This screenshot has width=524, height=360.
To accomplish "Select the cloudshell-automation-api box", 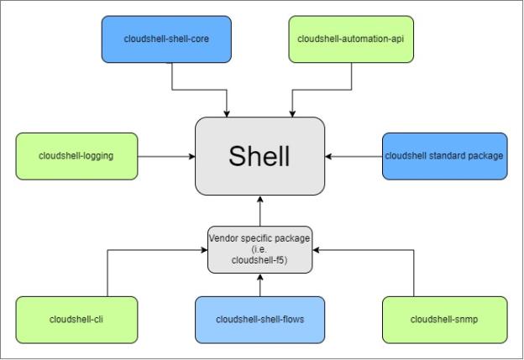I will click(351, 39).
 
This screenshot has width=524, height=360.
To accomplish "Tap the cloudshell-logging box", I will click(76, 155).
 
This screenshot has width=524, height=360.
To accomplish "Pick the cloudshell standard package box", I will click(444, 155).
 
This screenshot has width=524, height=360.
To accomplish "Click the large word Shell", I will click(259, 156).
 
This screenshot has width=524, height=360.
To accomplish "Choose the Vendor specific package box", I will click(259, 249).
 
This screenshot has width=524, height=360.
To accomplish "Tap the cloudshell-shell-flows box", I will click(259, 319).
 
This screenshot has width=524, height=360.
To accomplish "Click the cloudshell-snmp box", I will click(444, 319).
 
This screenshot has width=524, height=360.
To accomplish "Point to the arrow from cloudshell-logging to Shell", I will click(166, 156).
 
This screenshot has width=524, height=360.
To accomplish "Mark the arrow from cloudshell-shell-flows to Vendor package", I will click(260, 285).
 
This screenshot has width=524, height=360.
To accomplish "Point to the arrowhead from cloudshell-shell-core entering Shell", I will click(228, 113).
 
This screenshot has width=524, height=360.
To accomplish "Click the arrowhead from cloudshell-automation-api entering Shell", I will click(292, 113).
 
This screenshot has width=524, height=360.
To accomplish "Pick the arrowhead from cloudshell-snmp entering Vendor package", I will click(317, 249).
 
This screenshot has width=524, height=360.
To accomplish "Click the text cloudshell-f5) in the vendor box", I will click(259, 260).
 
